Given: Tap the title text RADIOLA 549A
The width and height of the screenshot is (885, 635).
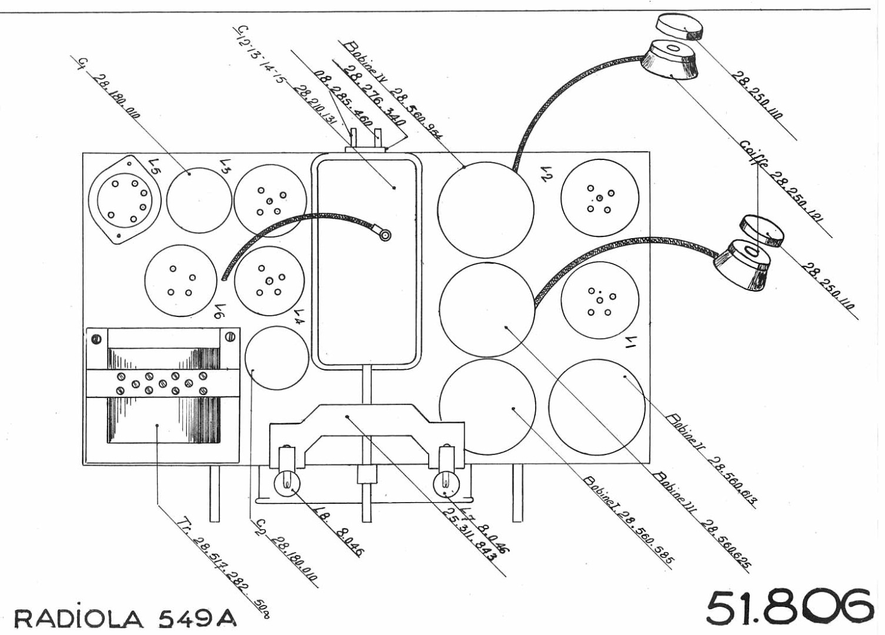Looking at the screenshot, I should click(125, 617).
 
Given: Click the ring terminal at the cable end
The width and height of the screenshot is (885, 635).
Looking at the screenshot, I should click(386, 236).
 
